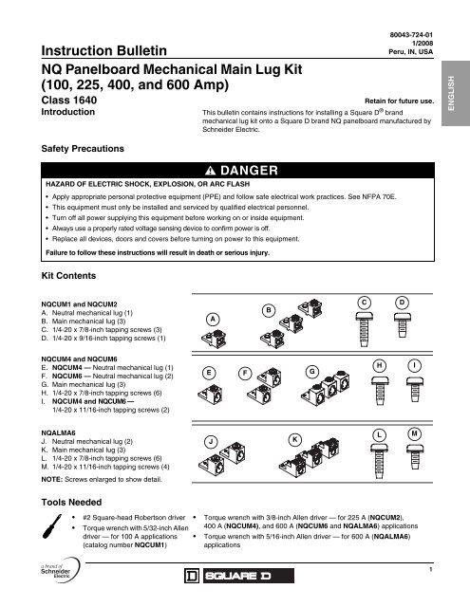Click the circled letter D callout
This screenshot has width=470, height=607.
[x=401, y=303]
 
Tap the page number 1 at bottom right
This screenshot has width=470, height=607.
[x=430, y=569]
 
